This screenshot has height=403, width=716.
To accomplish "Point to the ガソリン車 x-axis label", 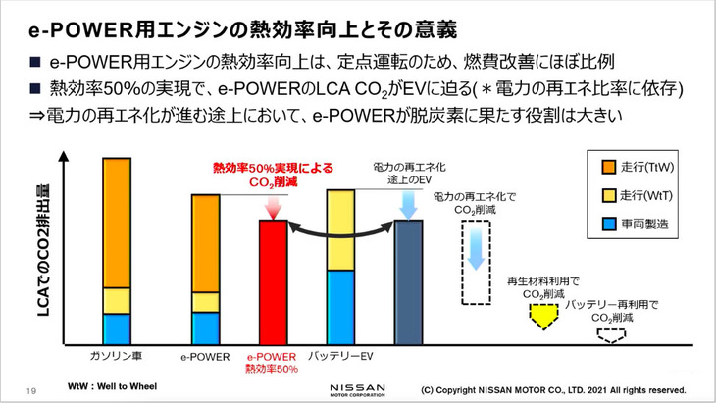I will pyautogui.click(x=117, y=355).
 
